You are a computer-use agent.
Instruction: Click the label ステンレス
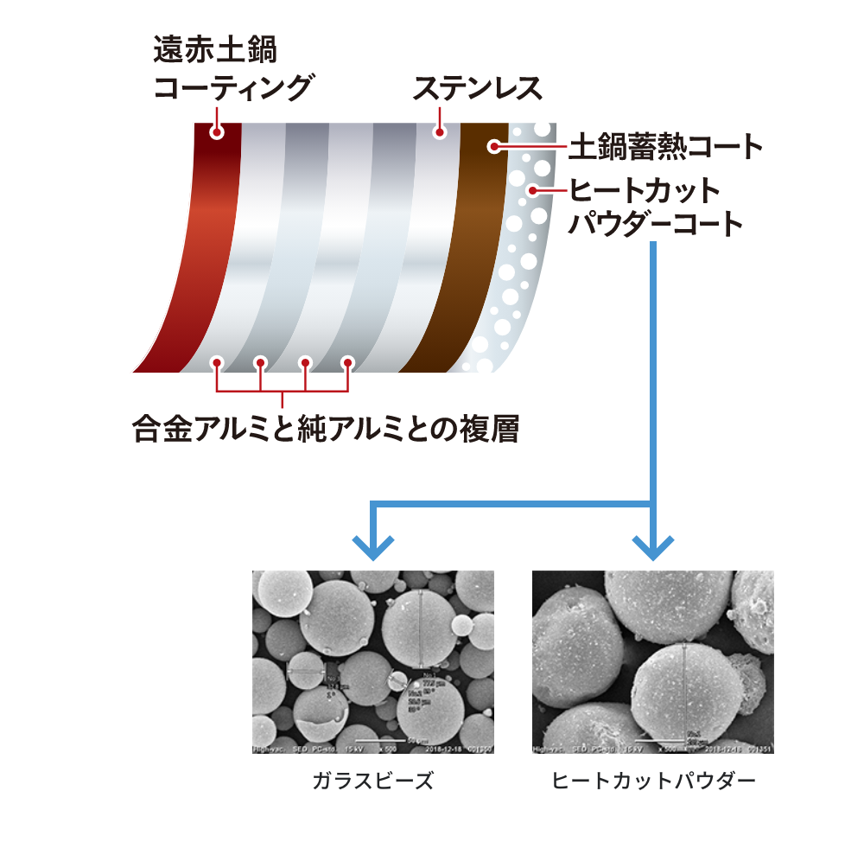pyautogui.click(x=477, y=88)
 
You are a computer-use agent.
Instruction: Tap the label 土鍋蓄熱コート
pyautogui.click(x=665, y=147)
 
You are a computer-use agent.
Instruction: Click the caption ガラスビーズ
pyautogui.click(x=372, y=781)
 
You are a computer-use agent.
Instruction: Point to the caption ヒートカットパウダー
pyautogui.click(x=653, y=781)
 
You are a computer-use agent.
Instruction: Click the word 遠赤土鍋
pyautogui.click(x=215, y=49)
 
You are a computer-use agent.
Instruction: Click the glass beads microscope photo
pyautogui.click(x=372, y=661)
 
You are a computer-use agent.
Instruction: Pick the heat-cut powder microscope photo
pyautogui.click(x=652, y=661)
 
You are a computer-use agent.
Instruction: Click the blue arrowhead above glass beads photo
pyautogui.click(x=373, y=548)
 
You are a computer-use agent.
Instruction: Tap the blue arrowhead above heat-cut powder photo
pyautogui.click(x=653, y=548)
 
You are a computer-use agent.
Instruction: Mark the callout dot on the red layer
pyautogui.click(x=217, y=132)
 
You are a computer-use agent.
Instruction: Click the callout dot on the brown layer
pyautogui.click(x=494, y=146)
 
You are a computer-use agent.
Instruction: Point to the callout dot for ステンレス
pyautogui.click(x=440, y=133)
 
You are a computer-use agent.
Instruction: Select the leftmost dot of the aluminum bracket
pyautogui.click(x=217, y=362)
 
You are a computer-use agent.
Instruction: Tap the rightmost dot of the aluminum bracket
pyautogui.click(x=347, y=362)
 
